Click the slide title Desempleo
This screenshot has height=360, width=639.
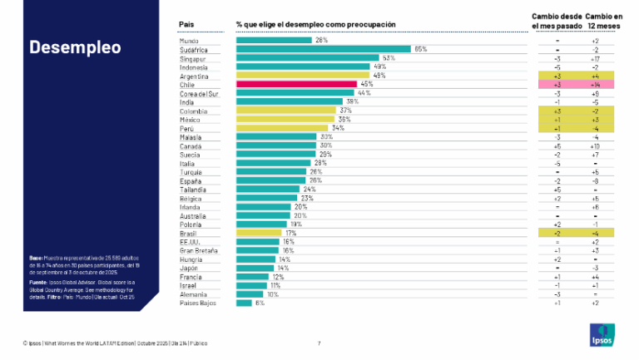[75, 47]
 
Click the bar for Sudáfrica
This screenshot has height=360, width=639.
[324, 49]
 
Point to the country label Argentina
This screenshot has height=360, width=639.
[194, 76]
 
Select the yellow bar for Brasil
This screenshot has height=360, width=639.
[260, 233]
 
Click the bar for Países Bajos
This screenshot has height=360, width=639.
[244, 303]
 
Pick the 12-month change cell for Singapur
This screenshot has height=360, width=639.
[594, 58]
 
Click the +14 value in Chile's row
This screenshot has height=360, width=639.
[594, 85]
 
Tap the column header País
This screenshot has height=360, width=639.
[187, 25]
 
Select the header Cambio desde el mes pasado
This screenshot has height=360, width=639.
[556, 20]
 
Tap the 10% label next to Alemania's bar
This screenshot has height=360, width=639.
[272, 294]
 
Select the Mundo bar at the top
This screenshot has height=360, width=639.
[274, 40]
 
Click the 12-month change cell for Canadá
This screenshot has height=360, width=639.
[594, 145]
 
